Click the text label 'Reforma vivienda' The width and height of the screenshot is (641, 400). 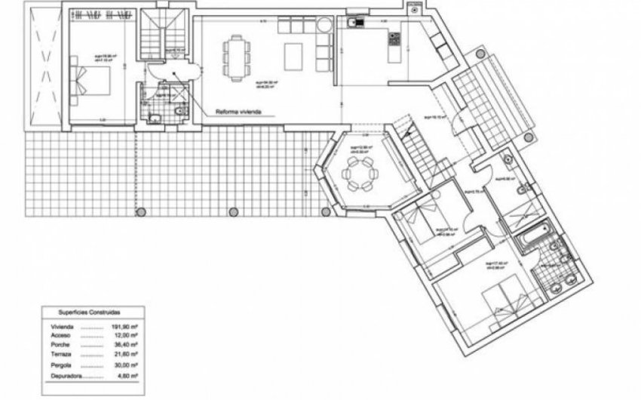(x=238, y=110)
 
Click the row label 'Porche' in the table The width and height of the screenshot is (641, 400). (x=62, y=345)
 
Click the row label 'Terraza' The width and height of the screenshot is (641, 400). (x=63, y=355)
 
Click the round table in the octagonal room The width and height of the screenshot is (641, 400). (x=356, y=175)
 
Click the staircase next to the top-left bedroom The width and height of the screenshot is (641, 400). (x=164, y=34)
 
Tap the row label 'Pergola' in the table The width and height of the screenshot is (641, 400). (x=63, y=365)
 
